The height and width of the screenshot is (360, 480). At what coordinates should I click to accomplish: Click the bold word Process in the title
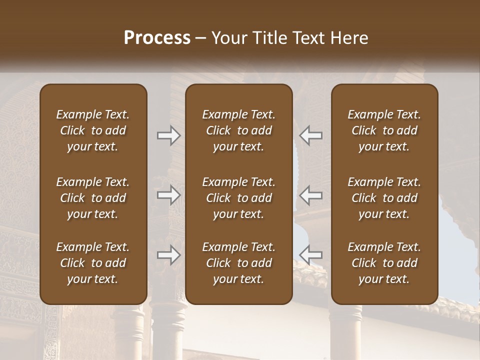(157, 38)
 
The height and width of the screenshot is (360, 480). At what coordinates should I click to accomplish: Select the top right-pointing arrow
(168, 135)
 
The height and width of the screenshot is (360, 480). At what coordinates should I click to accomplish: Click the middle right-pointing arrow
(168, 195)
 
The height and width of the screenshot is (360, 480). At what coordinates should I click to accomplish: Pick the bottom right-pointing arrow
(168, 255)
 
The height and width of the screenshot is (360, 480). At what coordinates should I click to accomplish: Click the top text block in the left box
(93, 130)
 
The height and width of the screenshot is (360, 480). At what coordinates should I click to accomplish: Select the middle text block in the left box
(93, 198)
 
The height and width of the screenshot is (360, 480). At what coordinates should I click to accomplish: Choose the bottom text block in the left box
(93, 263)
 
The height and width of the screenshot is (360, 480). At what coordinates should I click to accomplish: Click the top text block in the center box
(239, 130)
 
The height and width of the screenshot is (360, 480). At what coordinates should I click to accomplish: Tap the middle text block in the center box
(239, 198)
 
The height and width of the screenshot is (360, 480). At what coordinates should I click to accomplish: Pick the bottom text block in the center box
(239, 263)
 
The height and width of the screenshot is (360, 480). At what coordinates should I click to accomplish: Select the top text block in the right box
(384, 130)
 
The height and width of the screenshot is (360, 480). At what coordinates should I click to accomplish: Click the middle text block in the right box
(384, 198)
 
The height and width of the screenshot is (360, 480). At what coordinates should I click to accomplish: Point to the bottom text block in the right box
(384, 263)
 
